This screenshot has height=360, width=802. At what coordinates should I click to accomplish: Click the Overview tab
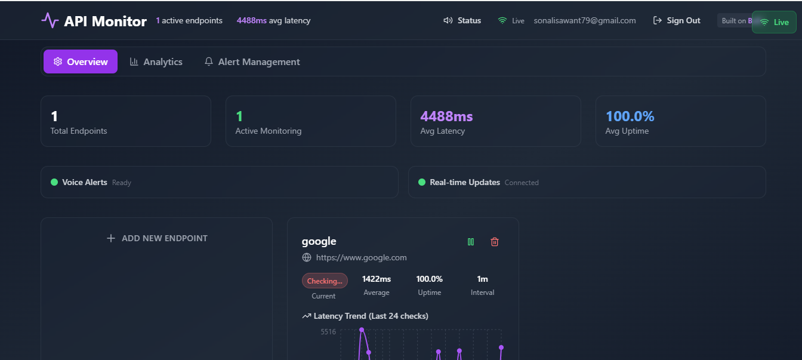pos(81,61)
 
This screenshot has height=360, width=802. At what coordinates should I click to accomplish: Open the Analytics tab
pos(156,61)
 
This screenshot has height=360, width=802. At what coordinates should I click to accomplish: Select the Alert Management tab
pos(252,61)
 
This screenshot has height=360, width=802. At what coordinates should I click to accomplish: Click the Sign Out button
pos(677,20)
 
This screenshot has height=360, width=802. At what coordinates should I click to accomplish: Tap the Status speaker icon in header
pos(448,20)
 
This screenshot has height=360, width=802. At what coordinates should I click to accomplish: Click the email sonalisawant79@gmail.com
pos(585,20)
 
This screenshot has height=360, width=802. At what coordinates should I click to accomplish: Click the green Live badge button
pos(774,22)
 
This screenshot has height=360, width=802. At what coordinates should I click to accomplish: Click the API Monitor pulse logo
pos(50,21)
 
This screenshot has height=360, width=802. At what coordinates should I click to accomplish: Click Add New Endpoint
pos(156,238)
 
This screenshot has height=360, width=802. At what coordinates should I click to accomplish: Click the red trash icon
pos(495,242)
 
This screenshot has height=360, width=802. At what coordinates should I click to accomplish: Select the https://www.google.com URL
pos(361,257)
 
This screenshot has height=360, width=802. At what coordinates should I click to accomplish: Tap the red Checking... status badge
pos(325,281)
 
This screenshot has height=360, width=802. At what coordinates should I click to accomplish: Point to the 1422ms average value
pos(377,279)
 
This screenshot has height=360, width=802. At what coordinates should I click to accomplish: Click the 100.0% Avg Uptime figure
pos(630,116)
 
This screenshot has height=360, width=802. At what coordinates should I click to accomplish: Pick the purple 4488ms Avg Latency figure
pos(446,116)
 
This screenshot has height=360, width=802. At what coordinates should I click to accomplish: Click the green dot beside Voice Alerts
pos(54,182)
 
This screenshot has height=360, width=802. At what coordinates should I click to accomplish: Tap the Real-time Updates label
pos(465,182)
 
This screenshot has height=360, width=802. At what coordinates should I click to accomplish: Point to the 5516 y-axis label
pos(328,331)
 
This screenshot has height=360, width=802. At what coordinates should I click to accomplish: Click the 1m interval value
pos(482,279)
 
